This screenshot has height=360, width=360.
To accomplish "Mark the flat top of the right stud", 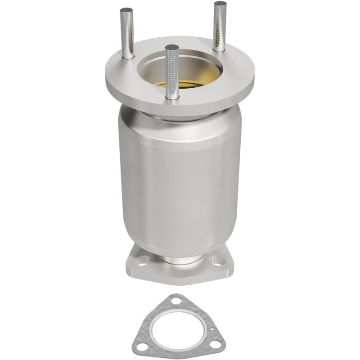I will (220, 4).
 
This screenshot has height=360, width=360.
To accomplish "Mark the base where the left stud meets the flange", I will (126, 58).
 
